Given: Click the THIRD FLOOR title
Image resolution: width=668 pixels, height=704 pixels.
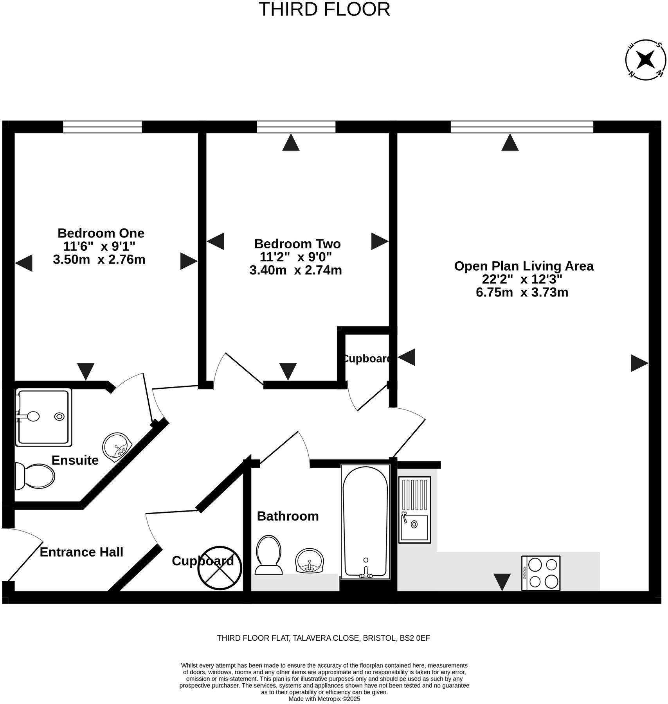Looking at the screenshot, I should click(x=324, y=9).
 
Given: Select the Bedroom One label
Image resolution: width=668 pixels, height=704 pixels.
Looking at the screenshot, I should click(x=101, y=233).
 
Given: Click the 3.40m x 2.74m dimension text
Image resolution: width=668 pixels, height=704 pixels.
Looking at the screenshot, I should click(x=295, y=270).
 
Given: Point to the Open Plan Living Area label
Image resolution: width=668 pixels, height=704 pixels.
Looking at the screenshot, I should click(x=524, y=266).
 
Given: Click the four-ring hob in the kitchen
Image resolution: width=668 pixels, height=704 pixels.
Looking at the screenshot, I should click(x=540, y=573).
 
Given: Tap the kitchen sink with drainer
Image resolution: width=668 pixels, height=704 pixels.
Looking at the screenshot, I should click(x=414, y=510).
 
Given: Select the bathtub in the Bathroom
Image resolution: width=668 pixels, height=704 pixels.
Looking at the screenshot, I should click(x=365, y=521).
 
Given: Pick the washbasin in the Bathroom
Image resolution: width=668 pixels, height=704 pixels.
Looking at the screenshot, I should click(x=310, y=560).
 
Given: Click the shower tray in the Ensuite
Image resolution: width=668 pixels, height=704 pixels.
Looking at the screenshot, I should click(x=43, y=417).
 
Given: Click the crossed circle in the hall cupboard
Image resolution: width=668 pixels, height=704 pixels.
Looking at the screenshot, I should click(x=220, y=568).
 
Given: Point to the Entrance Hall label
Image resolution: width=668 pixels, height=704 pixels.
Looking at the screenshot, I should click(x=81, y=552).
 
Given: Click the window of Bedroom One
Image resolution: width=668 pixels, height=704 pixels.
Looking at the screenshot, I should click(x=103, y=127).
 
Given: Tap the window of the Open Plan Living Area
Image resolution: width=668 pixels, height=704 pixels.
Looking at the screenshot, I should click(x=522, y=127).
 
